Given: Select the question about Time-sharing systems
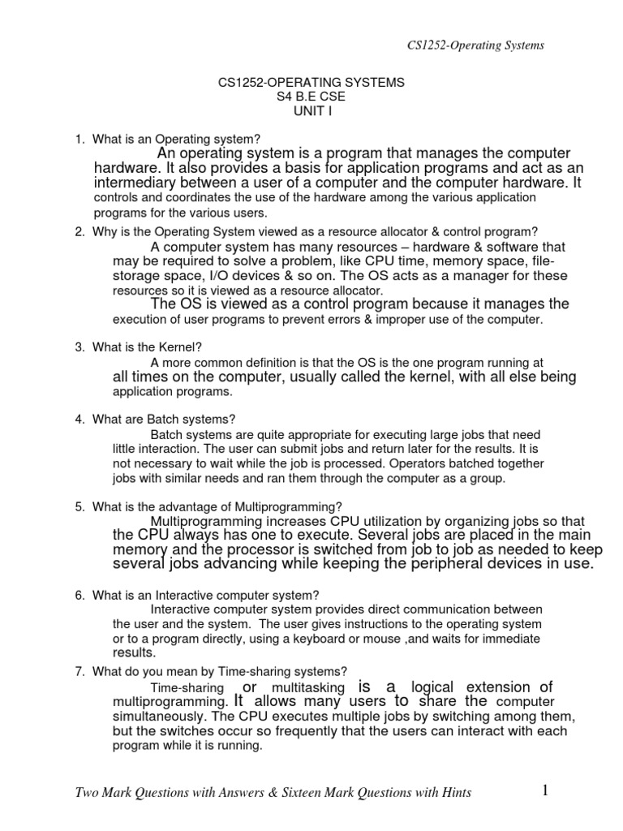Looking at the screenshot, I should pyautogui.click(x=220, y=671).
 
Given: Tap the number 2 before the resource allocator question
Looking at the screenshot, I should pyautogui.click(x=79, y=231).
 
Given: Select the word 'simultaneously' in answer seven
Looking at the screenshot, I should pyautogui.click(x=158, y=717).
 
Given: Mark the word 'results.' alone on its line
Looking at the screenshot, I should pyautogui.click(x=133, y=652).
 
